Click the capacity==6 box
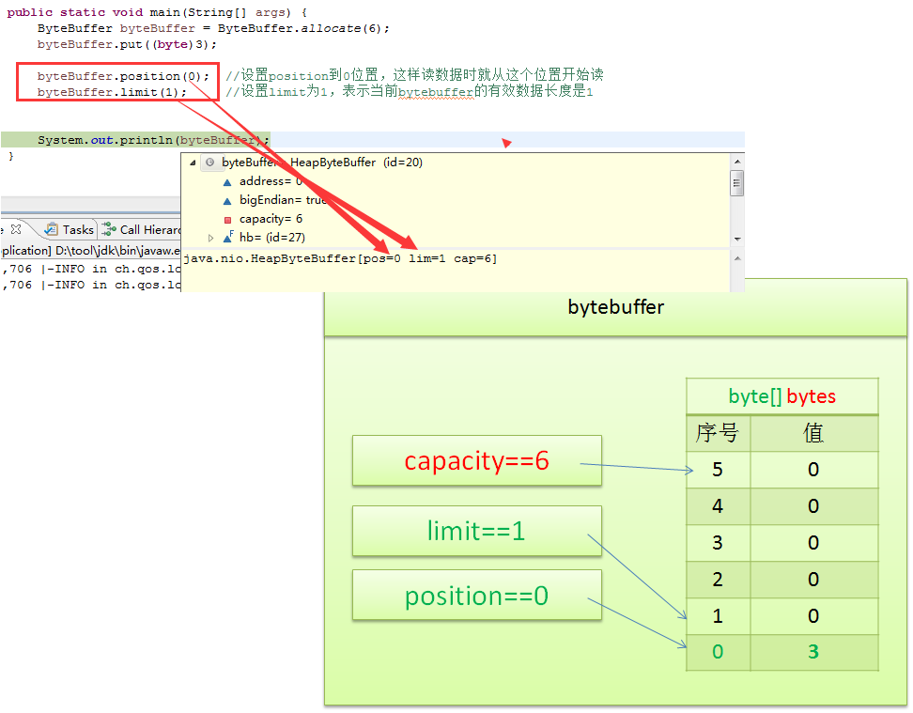(x=476, y=460)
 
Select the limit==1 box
(x=476, y=531)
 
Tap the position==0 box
(x=476, y=596)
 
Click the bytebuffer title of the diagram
(x=615, y=307)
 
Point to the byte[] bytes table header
(x=781, y=396)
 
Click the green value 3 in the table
(x=813, y=652)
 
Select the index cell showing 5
(x=718, y=470)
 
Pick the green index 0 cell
(x=718, y=652)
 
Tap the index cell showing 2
(x=718, y=579)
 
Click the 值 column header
(x=813, y=433)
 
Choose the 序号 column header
(x=718, y=433)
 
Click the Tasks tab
(x=78, y=229)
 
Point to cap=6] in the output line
(x=475, y=258)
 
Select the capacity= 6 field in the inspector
(x=271, y=219)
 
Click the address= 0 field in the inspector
(x=271, y=181)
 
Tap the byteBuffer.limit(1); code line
(x=112, y=92)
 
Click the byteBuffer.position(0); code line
(x=123, y=75)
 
